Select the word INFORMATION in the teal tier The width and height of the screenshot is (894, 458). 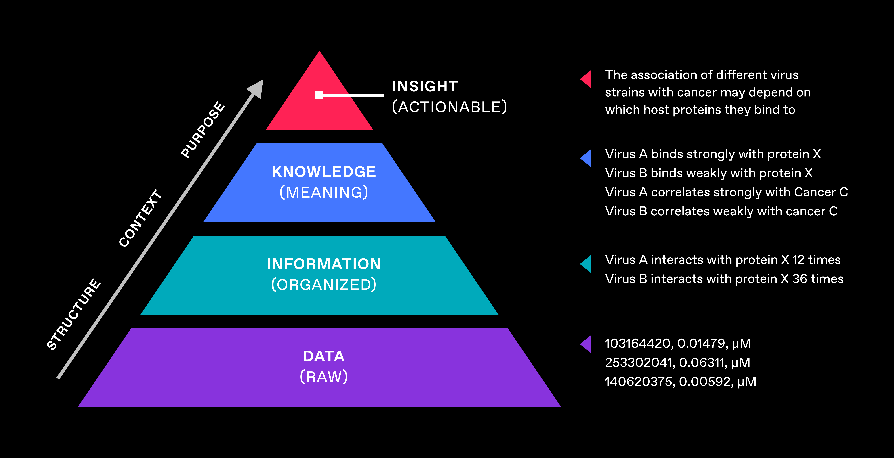324,264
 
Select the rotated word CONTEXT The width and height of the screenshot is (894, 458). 141,218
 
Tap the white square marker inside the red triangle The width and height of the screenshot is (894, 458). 319,95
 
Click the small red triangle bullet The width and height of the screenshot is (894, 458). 587,79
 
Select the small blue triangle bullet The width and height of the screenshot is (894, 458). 587,158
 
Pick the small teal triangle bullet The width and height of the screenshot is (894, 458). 587,264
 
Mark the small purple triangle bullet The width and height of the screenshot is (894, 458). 587,344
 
